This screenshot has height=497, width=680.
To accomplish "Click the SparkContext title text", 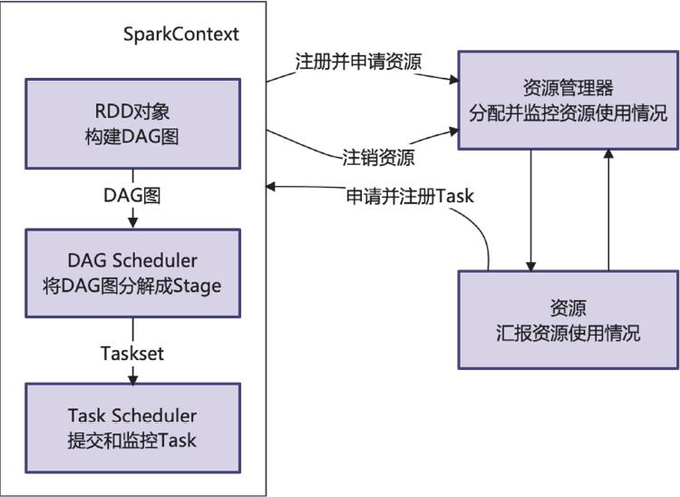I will (x=181, y=34).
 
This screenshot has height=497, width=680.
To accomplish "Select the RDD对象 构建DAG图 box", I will (x=132, y=123).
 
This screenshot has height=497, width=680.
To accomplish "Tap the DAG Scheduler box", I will (x=132, y=273).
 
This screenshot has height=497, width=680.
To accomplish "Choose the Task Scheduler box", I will (x=132, y=427).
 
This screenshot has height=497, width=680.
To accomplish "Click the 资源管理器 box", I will (x=568, y=101).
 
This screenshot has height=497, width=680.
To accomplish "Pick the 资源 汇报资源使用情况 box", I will (x=568, y=318).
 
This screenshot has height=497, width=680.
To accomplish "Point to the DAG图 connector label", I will (x=132, y=194).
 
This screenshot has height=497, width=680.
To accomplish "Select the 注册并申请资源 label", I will (x=359, y=62).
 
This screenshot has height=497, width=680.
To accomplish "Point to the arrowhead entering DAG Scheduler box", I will (x=133, y=223).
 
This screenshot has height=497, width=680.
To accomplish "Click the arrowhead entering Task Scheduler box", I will (x=133, y=377).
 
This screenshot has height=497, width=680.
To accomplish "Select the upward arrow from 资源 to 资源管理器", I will (x=608, y=209).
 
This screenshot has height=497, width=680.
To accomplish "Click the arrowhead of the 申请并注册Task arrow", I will (x=272, y=188).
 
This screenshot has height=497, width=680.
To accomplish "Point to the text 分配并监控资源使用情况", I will (x=568, y=114).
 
